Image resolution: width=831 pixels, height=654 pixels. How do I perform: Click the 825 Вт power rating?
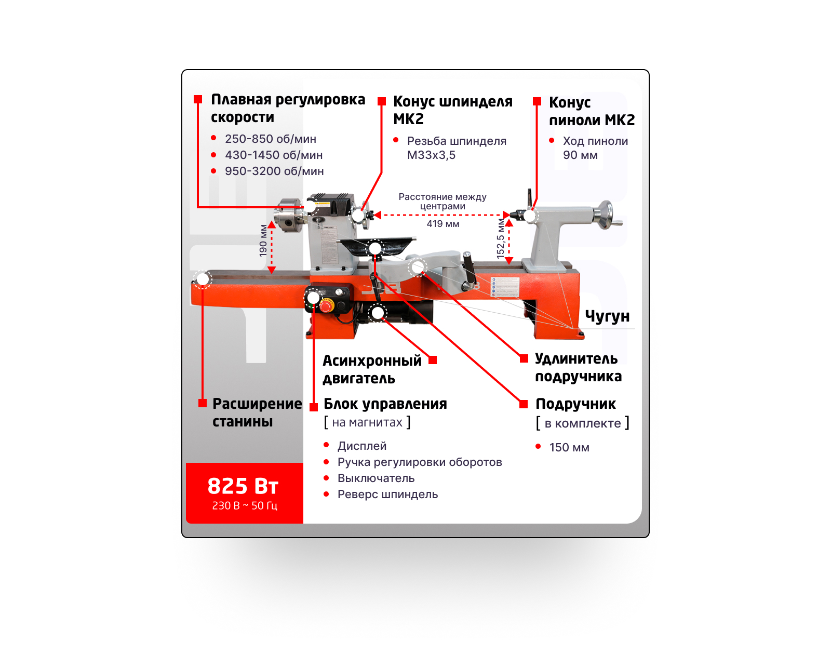click(243, 486)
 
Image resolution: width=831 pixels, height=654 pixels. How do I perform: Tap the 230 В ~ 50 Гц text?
click(245, 505)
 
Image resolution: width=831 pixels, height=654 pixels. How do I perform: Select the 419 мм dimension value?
click(443, 224)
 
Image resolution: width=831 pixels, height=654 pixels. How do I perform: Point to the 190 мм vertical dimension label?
click(263, 241)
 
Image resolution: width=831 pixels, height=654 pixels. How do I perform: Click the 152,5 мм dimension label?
click(501, 238)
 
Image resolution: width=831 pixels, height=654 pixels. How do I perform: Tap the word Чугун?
click(607, 316)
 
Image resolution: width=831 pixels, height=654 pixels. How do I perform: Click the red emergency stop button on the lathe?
click(326, 305)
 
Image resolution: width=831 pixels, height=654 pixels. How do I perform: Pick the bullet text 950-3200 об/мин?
click(274, 171)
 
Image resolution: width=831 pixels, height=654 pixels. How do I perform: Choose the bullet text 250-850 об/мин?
click(270, 139)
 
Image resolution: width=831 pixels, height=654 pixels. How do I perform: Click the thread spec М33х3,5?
click(431, 155)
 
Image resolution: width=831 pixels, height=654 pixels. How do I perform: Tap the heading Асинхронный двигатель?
click(372, 369)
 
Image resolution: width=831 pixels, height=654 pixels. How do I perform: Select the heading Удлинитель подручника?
click(578, 367)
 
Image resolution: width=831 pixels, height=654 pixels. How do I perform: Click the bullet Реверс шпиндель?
click(387, 495)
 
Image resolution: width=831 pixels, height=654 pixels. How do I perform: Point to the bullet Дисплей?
click(362, 446)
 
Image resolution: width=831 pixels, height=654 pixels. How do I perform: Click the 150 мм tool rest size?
click(569, 448)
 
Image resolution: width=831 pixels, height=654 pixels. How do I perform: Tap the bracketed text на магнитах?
click(367, 422)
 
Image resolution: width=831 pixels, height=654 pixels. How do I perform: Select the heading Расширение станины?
click(257, 412)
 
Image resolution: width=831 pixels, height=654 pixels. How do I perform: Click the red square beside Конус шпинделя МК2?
click(382, 101)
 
